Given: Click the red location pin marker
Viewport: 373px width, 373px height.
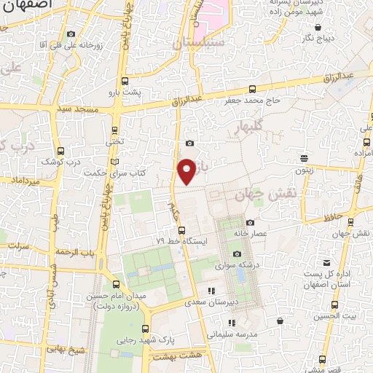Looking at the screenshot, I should [187, 170].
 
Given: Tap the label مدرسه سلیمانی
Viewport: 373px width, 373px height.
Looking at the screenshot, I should [232, 334].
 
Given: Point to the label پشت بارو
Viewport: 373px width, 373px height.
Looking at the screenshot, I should [141, 93].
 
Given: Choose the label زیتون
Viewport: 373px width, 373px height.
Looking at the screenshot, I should [304, 169].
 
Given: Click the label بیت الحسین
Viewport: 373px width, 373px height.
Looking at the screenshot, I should [340, 315].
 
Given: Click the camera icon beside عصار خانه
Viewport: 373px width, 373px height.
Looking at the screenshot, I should [250, 223].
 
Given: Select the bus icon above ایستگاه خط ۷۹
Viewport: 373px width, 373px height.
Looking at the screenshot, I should [182, 230].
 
